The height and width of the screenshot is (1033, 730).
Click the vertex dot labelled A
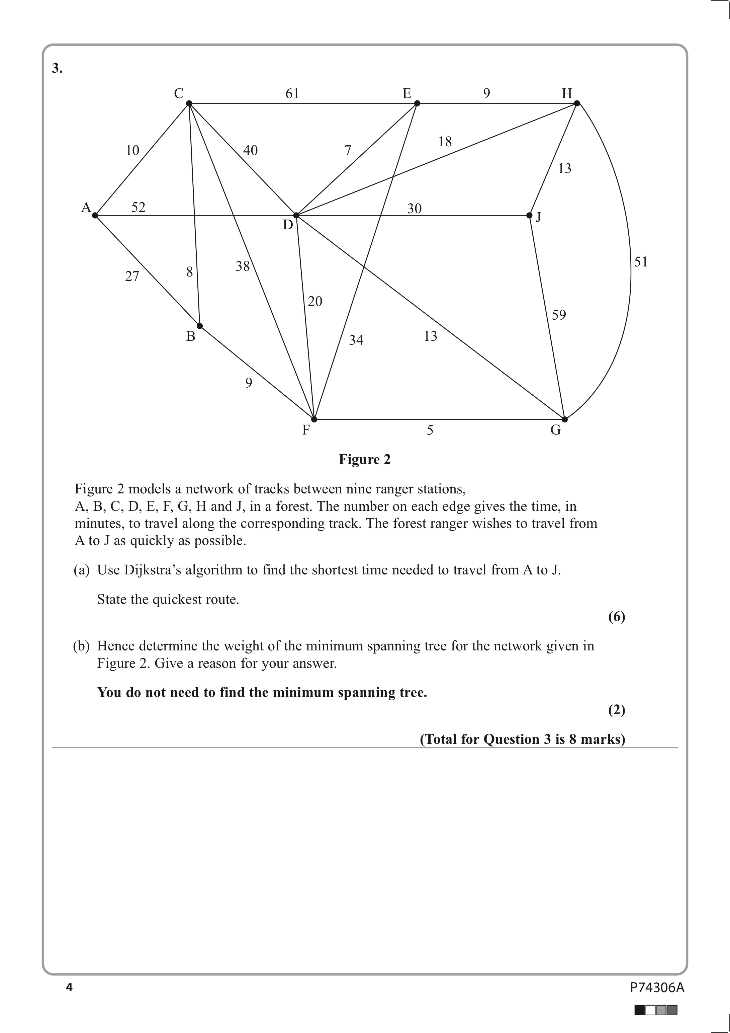[x=95, y=216]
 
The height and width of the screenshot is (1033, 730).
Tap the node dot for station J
[x=529, y=216]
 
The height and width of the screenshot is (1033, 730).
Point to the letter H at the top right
[x=567, y=94]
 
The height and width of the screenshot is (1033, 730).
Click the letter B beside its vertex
[x=191, y=336]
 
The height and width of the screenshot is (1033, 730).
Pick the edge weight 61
[x=292, y=94]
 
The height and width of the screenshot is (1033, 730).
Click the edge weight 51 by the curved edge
[x=641, y=262]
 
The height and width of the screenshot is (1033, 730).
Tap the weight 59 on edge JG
[x=559, y=315]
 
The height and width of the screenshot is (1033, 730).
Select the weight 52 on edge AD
[x=139, y=208]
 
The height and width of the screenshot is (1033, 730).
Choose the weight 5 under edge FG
[x=430, y=430]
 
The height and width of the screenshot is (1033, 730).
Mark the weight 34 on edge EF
[x=356, y=340]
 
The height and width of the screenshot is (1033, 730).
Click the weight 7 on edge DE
[x=348, y=150]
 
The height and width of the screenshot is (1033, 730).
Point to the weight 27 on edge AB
[x=132, y=276]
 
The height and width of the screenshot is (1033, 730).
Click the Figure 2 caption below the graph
[x=365, y=459]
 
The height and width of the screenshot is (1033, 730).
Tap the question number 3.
[x=57, y=68]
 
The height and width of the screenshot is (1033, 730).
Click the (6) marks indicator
[x=617, y=617]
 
